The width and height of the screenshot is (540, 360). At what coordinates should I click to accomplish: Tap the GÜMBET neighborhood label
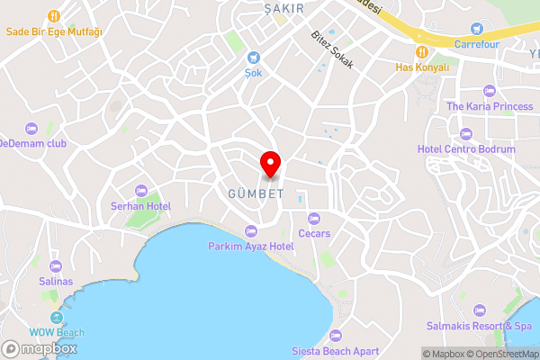pos(256,193)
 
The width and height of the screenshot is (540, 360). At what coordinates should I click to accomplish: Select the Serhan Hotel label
pos(140,206)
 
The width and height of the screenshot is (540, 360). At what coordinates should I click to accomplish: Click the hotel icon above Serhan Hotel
pos(140,190)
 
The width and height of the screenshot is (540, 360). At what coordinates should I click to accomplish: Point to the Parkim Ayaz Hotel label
pos(251,246)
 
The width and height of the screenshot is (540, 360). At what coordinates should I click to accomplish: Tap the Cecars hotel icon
pos(314,218)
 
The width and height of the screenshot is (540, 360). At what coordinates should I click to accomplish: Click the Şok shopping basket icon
pos(254,56)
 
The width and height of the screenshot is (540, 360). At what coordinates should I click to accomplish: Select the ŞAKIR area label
pos(280,8)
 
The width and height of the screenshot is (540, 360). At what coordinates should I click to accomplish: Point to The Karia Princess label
pos(490,106)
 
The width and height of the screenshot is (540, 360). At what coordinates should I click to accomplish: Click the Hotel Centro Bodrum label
pos(466,148)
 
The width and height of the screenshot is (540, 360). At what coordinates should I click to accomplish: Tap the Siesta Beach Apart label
pos(336,351)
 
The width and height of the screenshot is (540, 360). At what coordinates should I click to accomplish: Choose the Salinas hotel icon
pos(56,266)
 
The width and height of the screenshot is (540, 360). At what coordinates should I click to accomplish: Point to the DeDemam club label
pos(33,143)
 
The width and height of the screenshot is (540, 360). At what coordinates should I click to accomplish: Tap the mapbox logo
pos(40,348)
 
